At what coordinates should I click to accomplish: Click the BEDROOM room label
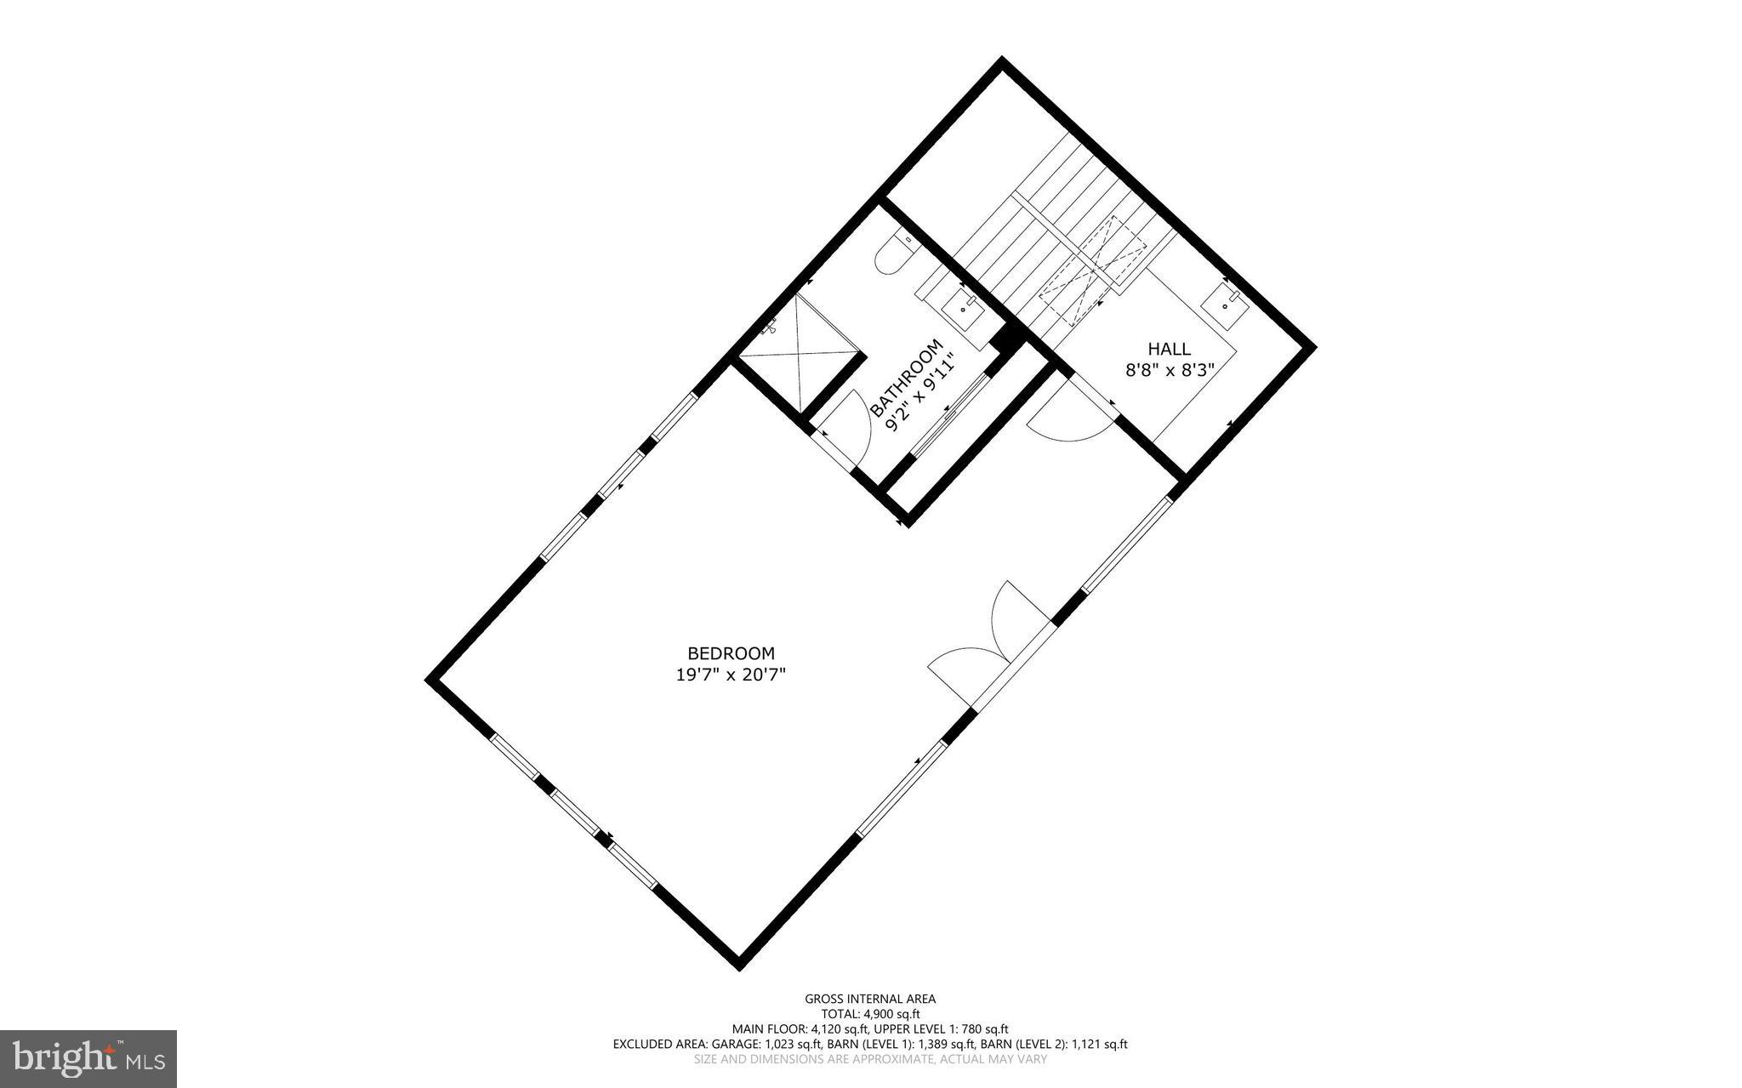(x=731, y=653)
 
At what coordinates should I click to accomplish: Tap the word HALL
(x=1169, y=349)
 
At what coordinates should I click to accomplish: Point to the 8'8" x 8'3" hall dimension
(x=1169, y=370)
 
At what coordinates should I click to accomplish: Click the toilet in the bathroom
(x=893, y=254)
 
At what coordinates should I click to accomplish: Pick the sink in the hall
(x=1225, y=304)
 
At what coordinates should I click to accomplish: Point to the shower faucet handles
(x=772, y=326)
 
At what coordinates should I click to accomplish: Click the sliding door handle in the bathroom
(x=947, y=413)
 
